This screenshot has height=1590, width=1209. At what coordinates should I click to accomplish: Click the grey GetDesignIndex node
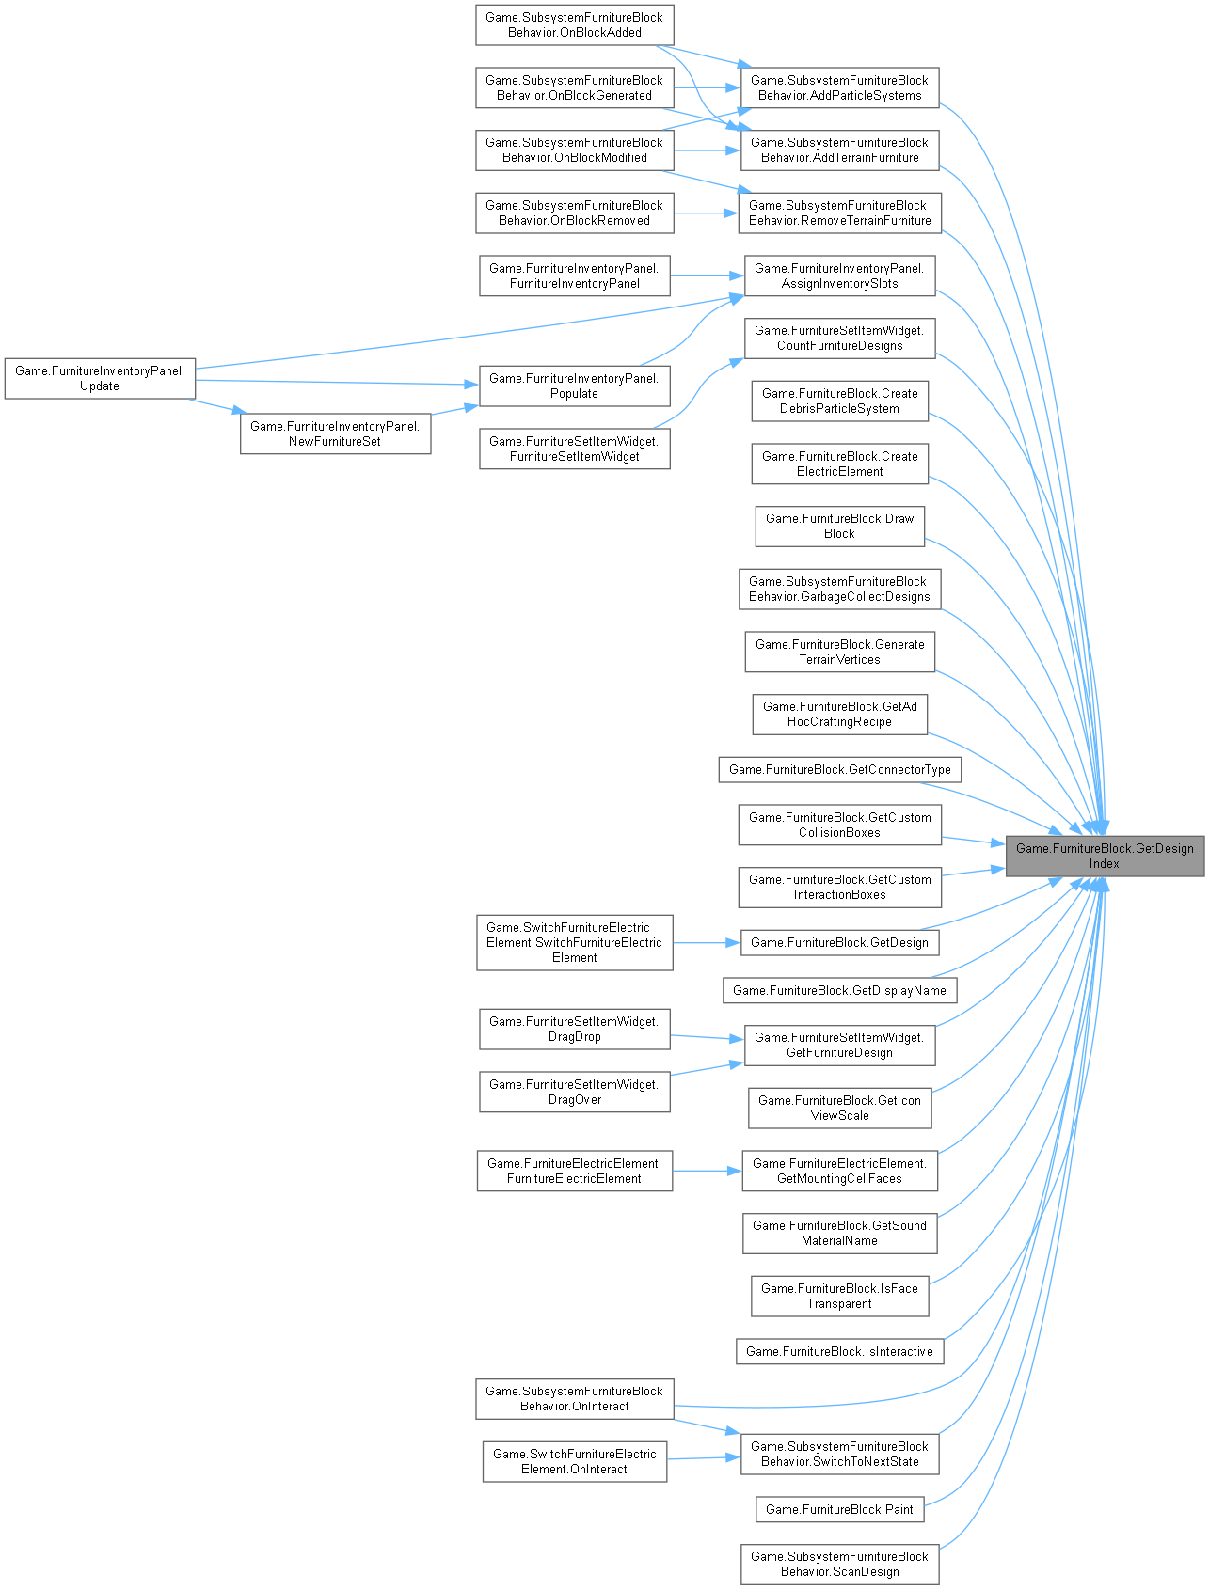click(1104, 856)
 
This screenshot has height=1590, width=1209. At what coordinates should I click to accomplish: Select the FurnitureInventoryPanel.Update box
click(100, 378)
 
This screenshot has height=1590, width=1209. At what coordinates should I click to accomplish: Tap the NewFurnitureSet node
click(335, 433)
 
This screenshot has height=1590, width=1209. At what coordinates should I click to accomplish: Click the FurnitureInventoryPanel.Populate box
click(574, 386)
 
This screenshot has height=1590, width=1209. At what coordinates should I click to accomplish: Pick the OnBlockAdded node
click(574, 24)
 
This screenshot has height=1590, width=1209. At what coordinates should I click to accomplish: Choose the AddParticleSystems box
click(839, 87)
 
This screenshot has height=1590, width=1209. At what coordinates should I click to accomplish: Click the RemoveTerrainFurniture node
click(839, 213)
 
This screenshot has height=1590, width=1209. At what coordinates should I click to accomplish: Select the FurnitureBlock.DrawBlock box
click(839, 526)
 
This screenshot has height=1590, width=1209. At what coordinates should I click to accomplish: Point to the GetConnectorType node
click(839, 769)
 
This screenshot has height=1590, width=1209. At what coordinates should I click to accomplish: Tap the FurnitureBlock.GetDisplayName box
click(839, 990)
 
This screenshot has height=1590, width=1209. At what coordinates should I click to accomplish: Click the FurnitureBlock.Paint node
click(839, 1509)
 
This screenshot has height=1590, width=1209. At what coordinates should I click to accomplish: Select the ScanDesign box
click(839, 1564)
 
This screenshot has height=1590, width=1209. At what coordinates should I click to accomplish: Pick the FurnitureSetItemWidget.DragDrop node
click(574, 1029)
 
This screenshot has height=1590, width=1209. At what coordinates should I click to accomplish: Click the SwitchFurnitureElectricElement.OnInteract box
click(574, 1461)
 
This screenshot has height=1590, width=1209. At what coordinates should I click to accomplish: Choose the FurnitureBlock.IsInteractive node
click(839, 1351)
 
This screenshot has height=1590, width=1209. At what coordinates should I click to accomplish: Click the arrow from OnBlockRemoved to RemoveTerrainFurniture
click(707, 213)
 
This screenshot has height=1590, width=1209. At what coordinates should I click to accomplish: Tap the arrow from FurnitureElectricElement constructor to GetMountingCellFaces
click(707, 1171)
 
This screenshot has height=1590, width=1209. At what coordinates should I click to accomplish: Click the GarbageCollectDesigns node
click(839, 589)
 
